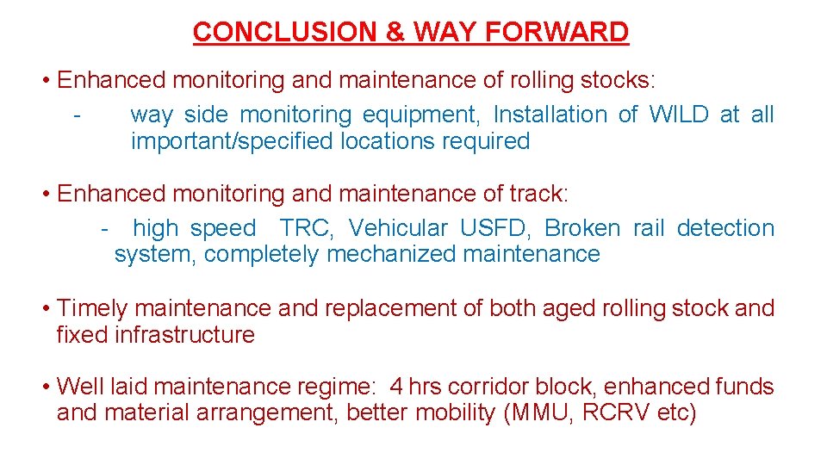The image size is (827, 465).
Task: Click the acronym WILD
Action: point(679,115)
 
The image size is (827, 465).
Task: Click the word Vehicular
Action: point(398,228)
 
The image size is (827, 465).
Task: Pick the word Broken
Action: point(582,228)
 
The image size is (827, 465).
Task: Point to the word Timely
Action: point(92,308)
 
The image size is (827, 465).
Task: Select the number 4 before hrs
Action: point(396,387)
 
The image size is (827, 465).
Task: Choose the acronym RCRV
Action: point(616,413)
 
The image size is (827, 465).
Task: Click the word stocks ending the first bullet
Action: point(614,81)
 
